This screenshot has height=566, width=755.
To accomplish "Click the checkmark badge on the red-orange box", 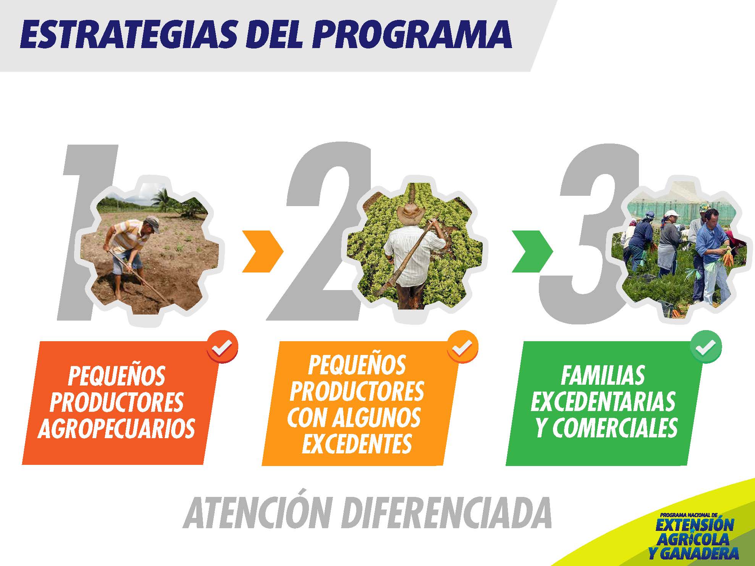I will (x=222, y=347).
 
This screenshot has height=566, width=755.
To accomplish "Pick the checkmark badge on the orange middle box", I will (x=462, y=347).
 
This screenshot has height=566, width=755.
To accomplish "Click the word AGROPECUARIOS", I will (x=116, y=428).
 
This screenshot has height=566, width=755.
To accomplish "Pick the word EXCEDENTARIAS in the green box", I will (x=603, y=402).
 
